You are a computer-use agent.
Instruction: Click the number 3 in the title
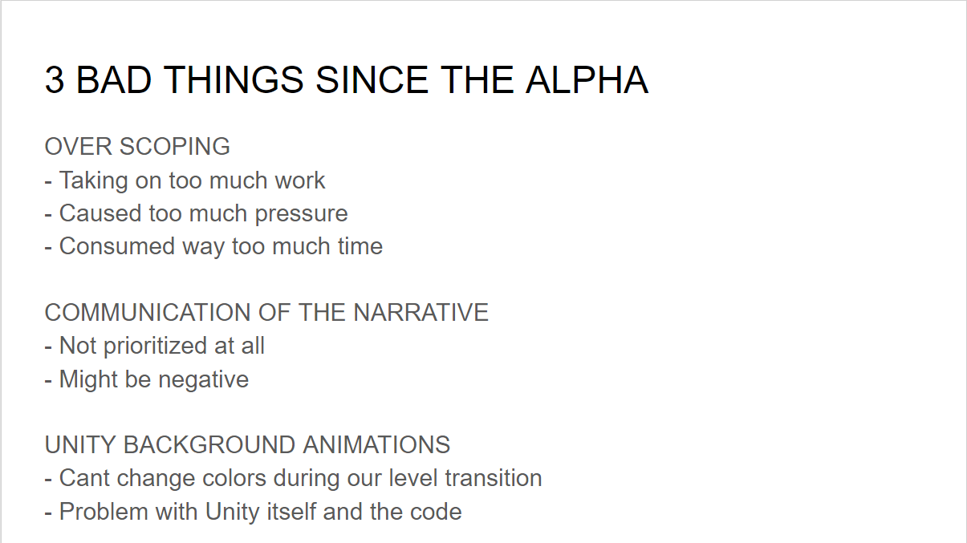55,80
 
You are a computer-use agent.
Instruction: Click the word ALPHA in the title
587,80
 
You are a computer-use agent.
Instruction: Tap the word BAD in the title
114,80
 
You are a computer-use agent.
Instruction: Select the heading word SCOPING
174,146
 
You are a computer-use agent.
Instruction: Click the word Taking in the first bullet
93,180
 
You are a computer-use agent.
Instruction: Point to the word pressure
301,214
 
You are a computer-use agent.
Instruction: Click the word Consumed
117,246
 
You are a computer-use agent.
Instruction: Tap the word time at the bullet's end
360,246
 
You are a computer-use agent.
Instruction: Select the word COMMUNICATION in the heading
148,313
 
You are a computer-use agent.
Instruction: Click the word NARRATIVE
421,313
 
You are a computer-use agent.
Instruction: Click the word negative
203,380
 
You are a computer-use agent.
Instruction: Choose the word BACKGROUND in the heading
209,445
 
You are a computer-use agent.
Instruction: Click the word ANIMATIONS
376,445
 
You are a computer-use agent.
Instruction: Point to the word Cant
84,478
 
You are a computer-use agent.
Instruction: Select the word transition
494,478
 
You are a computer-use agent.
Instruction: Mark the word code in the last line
436,512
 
